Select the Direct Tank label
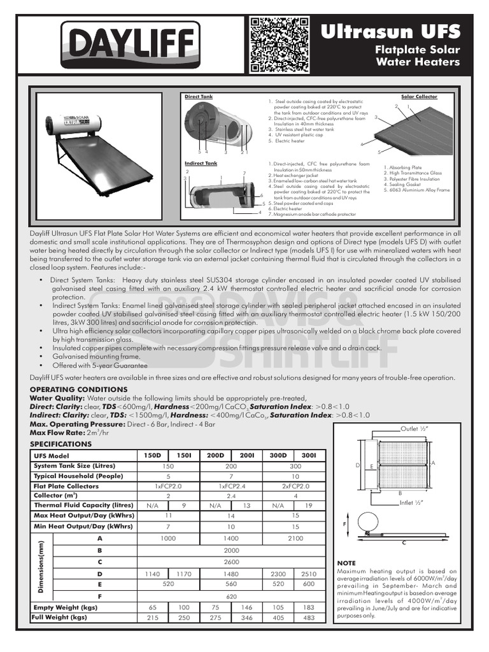198,97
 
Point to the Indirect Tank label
201,164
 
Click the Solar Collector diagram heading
419,97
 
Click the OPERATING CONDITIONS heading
78,389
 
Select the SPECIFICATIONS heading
61,444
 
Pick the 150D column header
153,455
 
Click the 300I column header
309,455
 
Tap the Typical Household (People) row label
78,476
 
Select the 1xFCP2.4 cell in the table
231,486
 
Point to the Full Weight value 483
309,618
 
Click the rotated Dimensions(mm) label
41,567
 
